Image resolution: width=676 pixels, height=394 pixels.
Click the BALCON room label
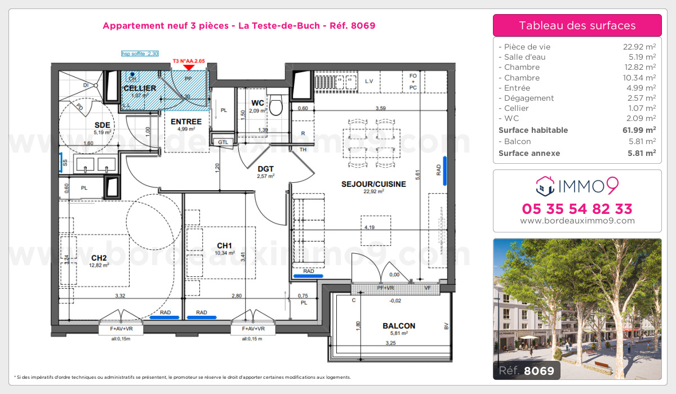(x=399, y=325)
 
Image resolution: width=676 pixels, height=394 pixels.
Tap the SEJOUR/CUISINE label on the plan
(x=365, y=184)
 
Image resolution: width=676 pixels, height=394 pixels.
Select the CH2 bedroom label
(x=99, y=258)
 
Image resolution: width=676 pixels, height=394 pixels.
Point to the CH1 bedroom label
(x=225, y=245)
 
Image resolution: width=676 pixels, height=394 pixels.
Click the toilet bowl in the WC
(x=276, y=105)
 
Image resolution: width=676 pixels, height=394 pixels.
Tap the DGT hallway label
(x=265, y=168)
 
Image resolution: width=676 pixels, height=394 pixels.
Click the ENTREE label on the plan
(x=186, y=122)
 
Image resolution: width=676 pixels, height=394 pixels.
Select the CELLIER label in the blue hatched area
(x=140, y=88)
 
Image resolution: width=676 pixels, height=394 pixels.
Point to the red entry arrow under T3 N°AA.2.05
(x=189, y=68)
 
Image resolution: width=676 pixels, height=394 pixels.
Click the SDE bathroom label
(x=101, y=125)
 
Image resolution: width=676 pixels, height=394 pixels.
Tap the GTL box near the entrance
(x=223, y=142)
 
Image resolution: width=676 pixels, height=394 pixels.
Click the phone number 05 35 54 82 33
(x=577, y=209)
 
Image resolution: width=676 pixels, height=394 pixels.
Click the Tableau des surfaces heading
(x=577, y=25)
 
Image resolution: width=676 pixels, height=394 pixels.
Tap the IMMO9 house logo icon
(x=545, y=183)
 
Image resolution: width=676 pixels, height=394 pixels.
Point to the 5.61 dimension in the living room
(x=417, y=174)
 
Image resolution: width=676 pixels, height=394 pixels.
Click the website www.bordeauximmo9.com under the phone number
(x=577, y=221)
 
